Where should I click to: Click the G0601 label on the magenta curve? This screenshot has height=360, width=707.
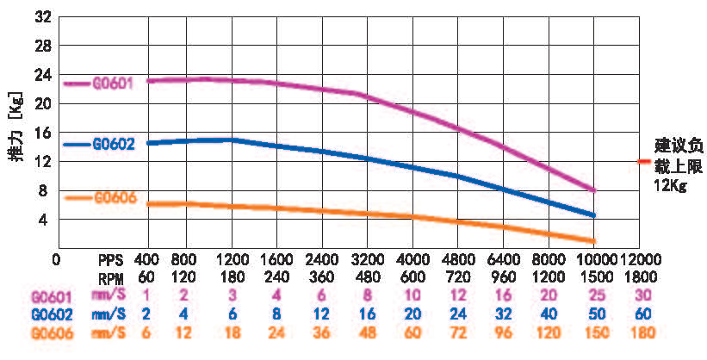(111, 83)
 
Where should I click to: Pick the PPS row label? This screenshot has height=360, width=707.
(112, 258)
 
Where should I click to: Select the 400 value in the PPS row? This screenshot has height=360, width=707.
(148, 258)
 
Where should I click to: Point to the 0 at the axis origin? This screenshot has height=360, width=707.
(56, 258)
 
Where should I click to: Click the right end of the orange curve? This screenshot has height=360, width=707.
(593, 240)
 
